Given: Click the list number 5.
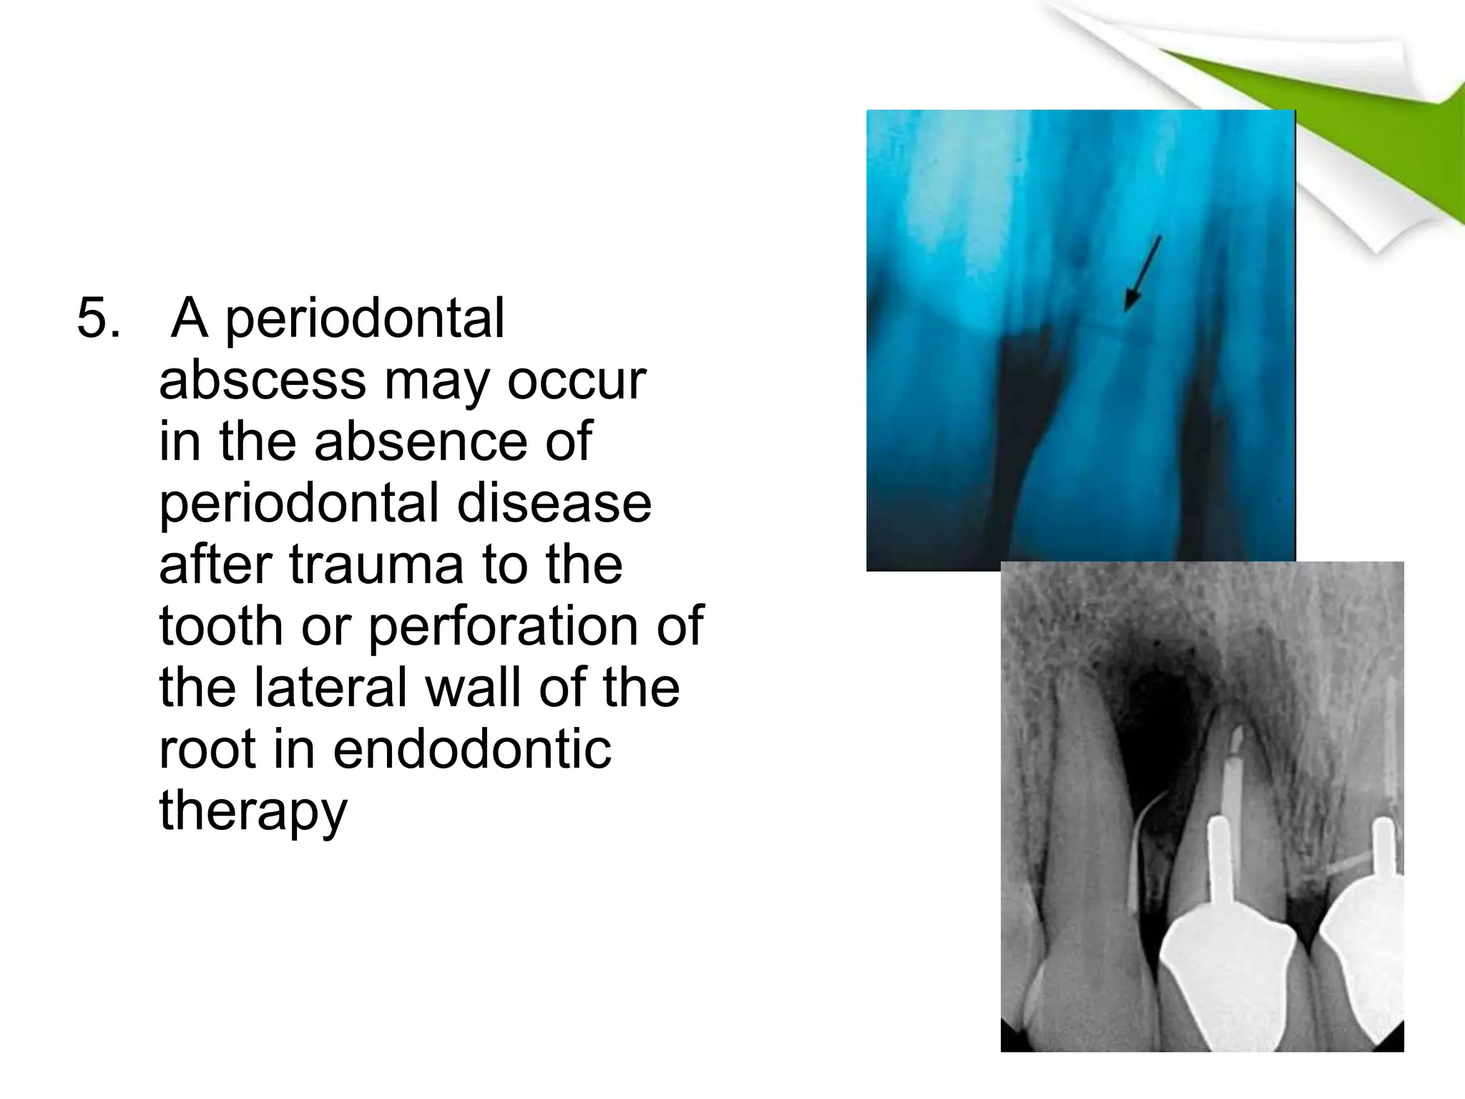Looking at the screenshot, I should point(98,318).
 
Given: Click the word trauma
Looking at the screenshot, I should point(376,565).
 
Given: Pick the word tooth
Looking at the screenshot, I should point(220,626).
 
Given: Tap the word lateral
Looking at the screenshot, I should point(331,688).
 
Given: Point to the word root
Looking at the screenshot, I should point(206,749).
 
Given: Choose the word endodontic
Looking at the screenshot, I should point(472,749).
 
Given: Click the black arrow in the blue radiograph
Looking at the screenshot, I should point(1142,273).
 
